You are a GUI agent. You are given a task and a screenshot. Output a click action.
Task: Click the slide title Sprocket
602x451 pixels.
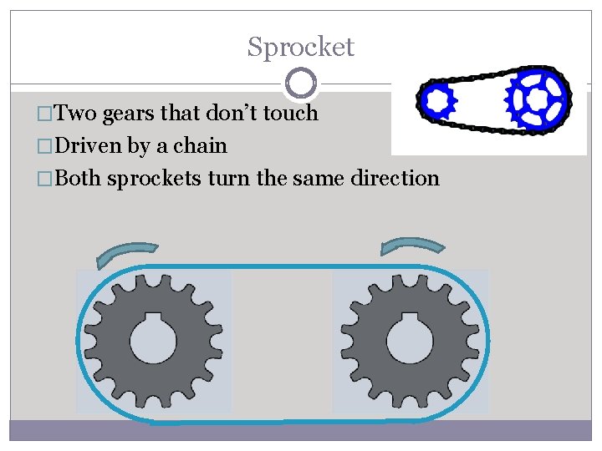[300, 47]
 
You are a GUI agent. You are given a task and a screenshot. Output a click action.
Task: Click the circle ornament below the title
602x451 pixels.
[300, 83]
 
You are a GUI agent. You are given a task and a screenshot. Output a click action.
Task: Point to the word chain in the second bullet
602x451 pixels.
[201, 145]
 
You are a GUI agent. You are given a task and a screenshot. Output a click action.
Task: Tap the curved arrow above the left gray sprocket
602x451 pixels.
[126, 253]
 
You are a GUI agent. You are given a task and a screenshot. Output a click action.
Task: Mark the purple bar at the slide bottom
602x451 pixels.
[300, 430]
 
